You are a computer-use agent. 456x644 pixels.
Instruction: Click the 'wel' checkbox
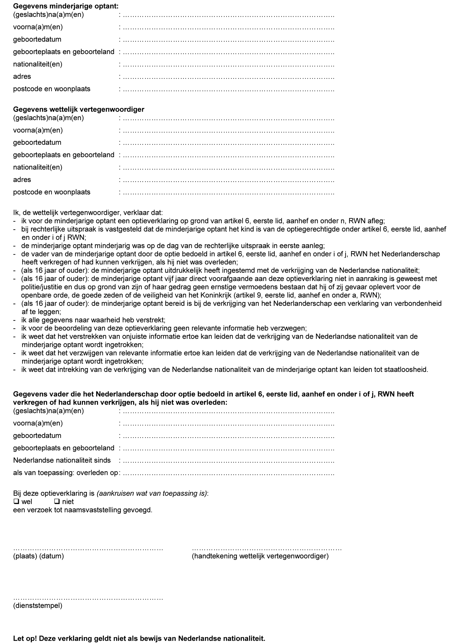(x=16, y=501)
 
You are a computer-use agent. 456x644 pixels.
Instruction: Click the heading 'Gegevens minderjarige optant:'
(x=66, y=6)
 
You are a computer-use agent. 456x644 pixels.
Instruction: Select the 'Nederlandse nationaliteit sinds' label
(x=62, y=460)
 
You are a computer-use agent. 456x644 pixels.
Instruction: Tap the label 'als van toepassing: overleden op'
(x=65, y=473)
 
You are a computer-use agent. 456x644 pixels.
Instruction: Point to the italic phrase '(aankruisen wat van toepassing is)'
(x=152, y=493)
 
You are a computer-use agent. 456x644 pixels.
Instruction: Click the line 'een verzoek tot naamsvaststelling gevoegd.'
(x=83, y=510)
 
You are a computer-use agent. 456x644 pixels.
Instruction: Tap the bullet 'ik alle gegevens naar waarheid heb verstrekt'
(x=93, y=320)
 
